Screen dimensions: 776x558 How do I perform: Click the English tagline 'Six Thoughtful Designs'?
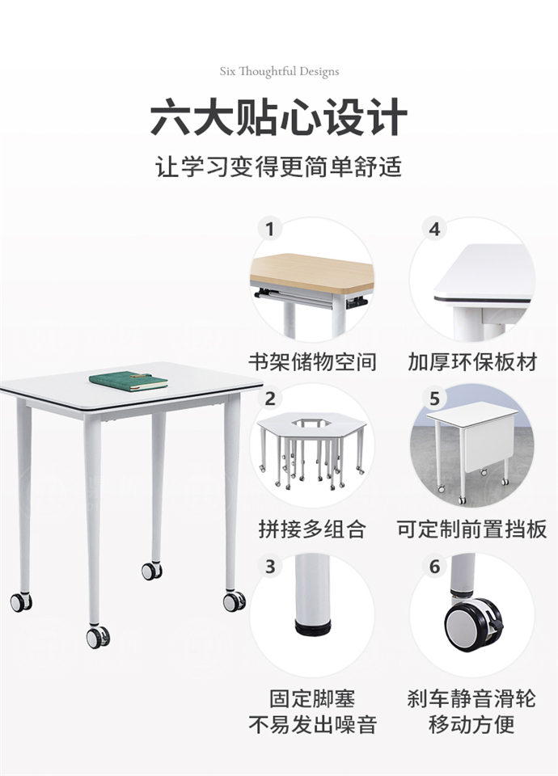[279, 71]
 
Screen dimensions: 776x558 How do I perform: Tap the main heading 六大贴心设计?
[279, 117]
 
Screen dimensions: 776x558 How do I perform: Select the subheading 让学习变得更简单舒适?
[279, 167]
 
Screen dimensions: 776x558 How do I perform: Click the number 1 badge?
[269, 230]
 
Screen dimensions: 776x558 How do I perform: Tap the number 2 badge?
[269, 399]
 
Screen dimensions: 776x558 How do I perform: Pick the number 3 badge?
[269, 566]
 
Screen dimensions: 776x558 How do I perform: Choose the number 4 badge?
[434, 230]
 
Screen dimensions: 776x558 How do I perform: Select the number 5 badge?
[434, 399]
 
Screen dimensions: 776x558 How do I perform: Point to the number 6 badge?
[434, 566]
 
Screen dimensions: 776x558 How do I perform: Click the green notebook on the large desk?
[128, 381]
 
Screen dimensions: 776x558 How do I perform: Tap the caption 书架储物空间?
[312, 361]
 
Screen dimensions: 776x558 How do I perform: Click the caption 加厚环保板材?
[471, 361]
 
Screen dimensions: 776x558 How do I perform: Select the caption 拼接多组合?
[312, 529]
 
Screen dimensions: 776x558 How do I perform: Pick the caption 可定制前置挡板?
[471, 529]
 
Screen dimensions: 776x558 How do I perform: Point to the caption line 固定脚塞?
[312, 698]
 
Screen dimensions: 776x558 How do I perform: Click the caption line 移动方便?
[471, 723]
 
